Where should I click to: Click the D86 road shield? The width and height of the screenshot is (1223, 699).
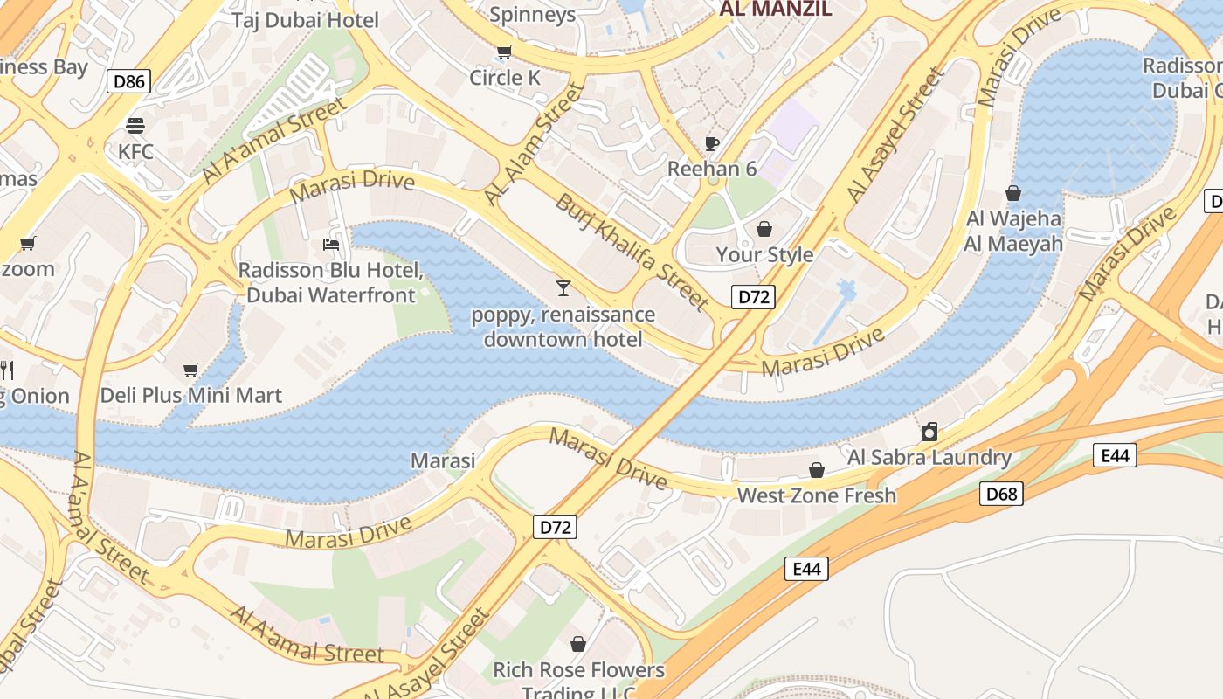pos(129,82)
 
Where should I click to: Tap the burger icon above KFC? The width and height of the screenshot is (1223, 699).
pos(135,126)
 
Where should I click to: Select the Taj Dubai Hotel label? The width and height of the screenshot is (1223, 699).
pos(305,20)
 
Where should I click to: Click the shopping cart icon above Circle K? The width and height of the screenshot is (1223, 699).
pos(504,52)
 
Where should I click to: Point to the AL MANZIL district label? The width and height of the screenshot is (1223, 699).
pos(774,10)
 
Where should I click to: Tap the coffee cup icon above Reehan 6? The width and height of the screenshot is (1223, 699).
pos(712,143)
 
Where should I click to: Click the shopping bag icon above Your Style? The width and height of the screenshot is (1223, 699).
pos(764,229)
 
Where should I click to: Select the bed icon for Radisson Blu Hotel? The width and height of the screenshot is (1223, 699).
pos(331,244)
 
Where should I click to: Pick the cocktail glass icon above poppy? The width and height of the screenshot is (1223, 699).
pos(563,287)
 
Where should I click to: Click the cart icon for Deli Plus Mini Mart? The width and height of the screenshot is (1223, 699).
pos(191,370)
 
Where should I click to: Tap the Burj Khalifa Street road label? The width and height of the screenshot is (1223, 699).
pos(631,252)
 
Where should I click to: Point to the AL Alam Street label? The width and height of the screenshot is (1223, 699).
pos(533,145)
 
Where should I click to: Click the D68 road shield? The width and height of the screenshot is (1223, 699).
pos(1001,494)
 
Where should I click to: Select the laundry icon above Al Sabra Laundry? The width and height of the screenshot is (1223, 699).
pos(929,432)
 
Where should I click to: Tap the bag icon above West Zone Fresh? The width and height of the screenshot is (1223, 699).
pos(817,471)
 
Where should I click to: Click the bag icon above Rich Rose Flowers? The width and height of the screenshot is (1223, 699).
pos(578,645)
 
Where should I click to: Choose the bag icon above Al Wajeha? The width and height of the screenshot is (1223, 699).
pos(1013,193)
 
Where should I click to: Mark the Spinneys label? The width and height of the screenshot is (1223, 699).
pos(532,14)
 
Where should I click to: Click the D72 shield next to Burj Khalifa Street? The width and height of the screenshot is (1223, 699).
pos(753,296)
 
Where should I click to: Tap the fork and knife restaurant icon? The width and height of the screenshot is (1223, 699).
pos(6,370)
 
